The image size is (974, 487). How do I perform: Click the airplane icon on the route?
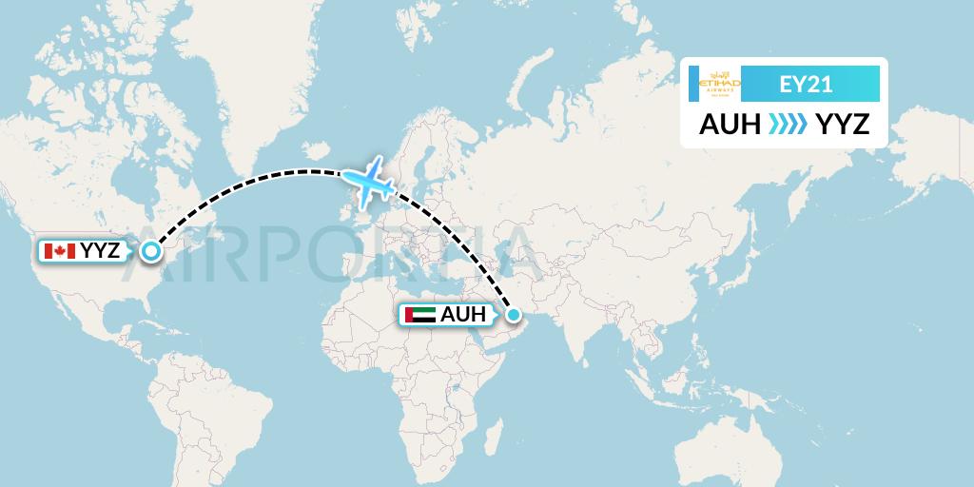coord(370,182)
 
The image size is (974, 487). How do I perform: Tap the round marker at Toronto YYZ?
coord(150,251)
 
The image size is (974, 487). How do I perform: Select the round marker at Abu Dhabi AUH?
coord(513,315)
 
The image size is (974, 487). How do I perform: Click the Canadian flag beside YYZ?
coord(59,251)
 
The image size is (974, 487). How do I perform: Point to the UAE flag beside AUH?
coord(419,315)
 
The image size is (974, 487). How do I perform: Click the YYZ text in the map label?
coord(102,251)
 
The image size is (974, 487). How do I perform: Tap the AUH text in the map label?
coord(463,315)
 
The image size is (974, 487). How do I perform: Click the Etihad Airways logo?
coord(719,85)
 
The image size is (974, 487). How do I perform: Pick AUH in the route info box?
coord(730,124)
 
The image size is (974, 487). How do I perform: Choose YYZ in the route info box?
coord(843,124)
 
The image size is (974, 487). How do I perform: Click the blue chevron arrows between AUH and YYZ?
coord(787,124)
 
